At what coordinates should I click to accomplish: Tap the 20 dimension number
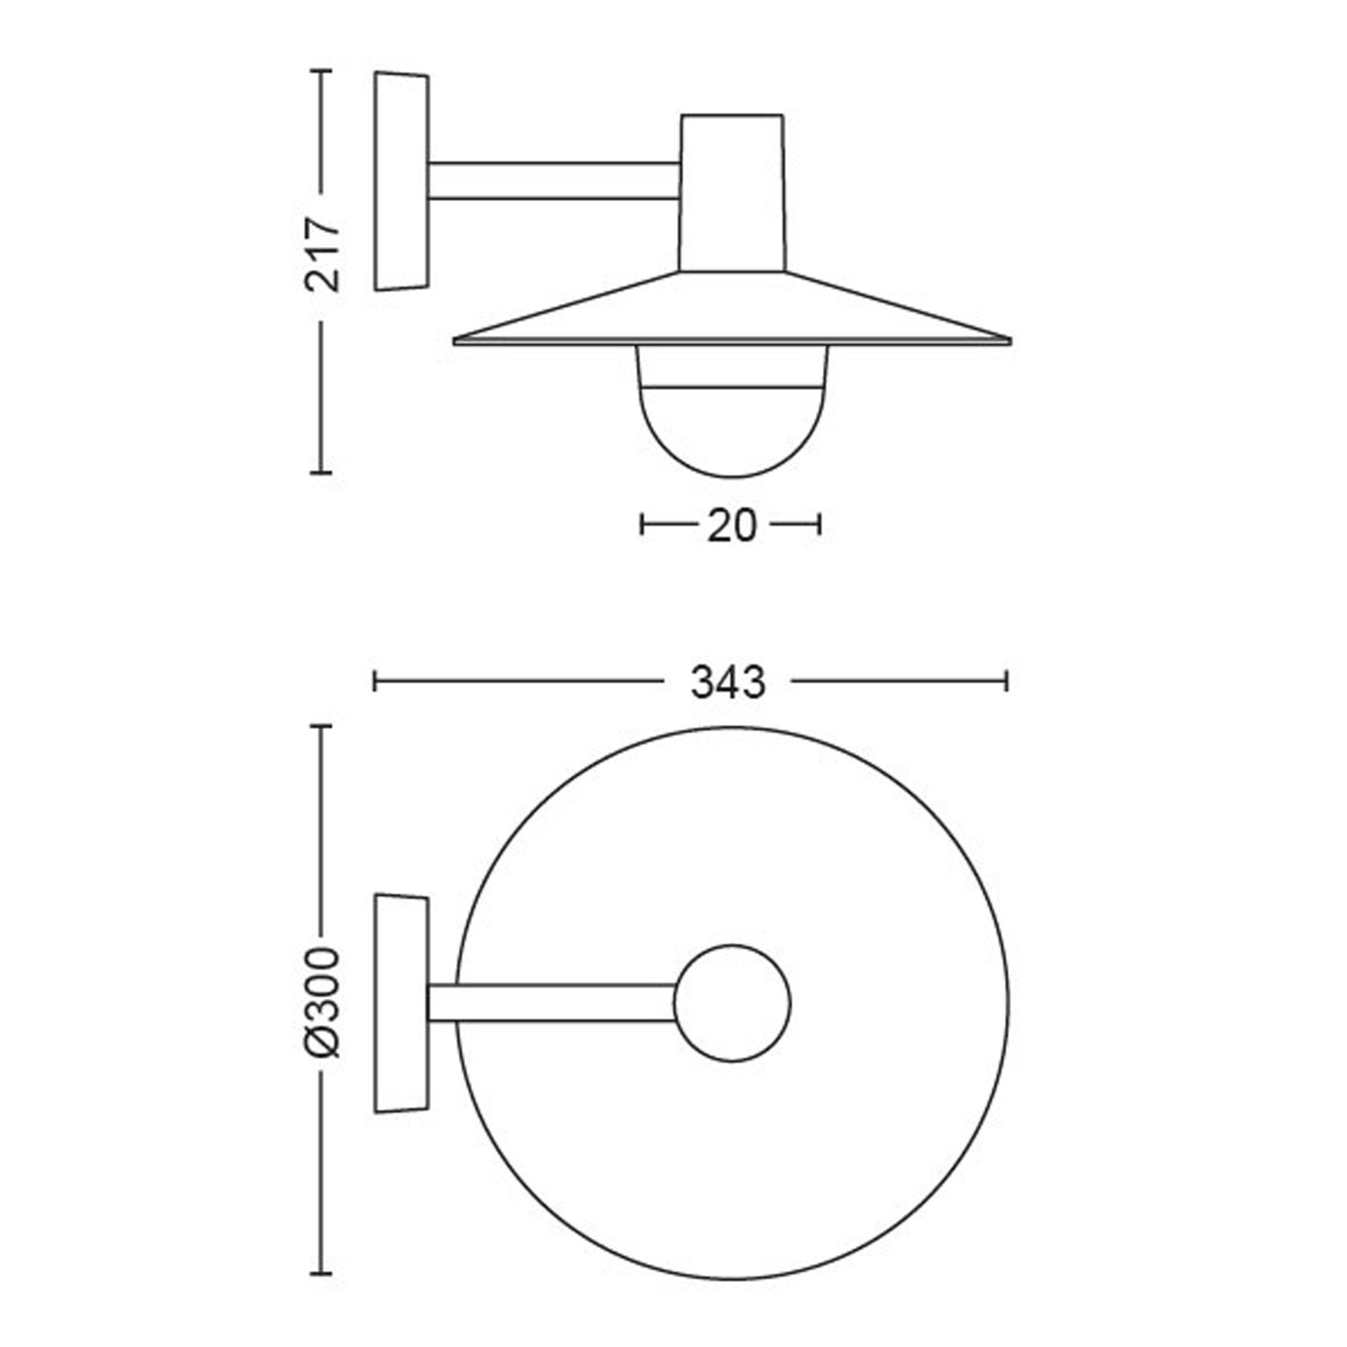(731, 526)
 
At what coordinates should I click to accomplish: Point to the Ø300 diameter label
(322, 1003)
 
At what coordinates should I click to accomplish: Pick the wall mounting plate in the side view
(401, 180)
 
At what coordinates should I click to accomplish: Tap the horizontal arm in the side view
(554, 180)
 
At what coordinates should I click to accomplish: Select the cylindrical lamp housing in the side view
(732, 193)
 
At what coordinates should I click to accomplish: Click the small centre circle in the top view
(732, 1003)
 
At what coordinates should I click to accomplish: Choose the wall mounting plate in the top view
(401, 1003)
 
